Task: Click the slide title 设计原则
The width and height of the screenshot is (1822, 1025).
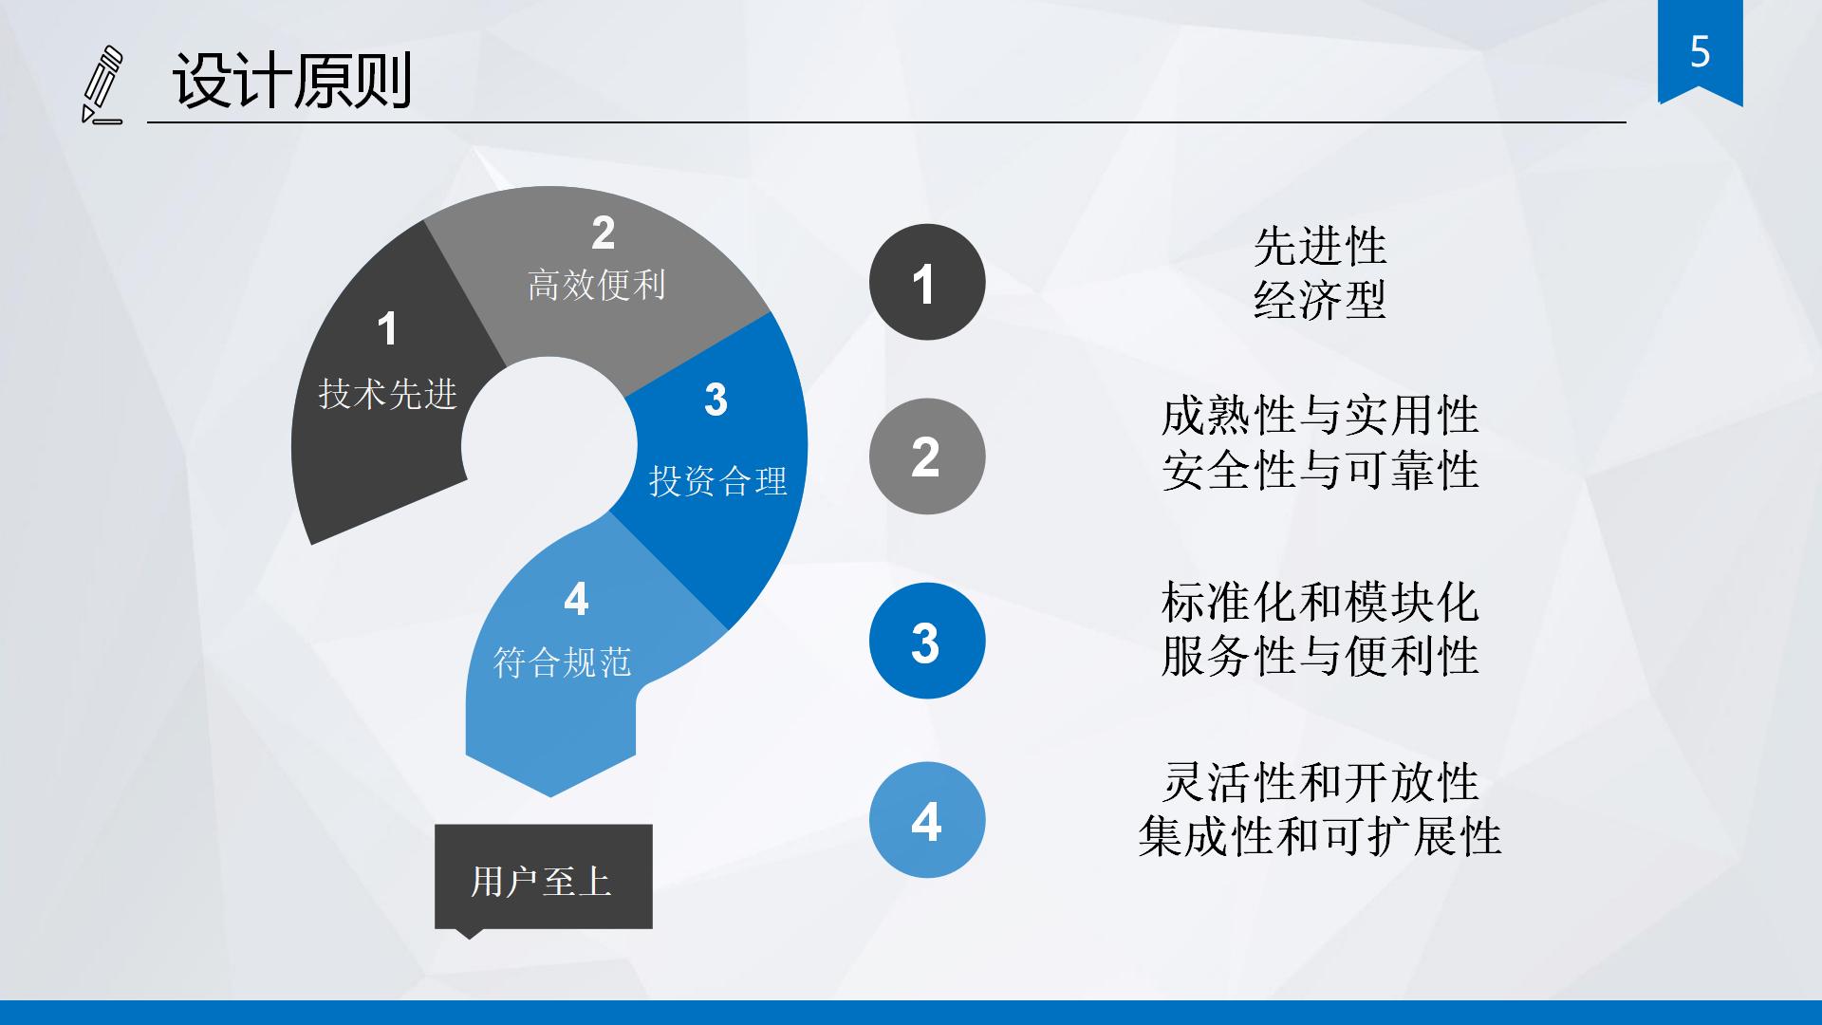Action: [x=292, y=81]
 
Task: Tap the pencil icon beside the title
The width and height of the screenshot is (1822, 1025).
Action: [x=102, y=85]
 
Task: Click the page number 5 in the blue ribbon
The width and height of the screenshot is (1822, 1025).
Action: [x=1700, y=51]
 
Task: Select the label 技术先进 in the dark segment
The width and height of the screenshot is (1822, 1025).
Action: [x=387, y=394]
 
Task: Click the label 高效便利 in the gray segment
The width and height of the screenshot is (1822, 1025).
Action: [x=596, y=285]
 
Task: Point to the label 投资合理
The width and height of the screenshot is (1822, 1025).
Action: [x=718, y=481]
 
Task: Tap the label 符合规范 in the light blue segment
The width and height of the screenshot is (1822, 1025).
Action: [x=562, y=662]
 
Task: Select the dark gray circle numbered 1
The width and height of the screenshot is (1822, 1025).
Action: [x=927, y=282]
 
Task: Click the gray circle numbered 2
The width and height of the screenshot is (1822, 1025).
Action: [x=927, y=457]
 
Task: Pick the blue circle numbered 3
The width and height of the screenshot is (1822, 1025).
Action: [x=927, y=641]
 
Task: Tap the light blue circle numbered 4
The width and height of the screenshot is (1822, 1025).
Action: [x=927, y=820]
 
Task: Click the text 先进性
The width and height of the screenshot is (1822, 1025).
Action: [x=1320, y=247]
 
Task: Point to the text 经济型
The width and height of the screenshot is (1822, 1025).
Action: [x=1320, y=300]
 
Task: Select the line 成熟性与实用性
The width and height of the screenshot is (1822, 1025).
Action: [x=1320, y=416]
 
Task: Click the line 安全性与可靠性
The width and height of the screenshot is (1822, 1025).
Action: [x=1320, y=470]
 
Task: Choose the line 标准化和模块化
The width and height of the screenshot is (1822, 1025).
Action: [x=1320, y=602]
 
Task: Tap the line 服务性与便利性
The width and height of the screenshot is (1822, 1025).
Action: [x=1320, y=656]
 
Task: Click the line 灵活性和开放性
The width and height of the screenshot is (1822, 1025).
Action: [x=1320, y=782]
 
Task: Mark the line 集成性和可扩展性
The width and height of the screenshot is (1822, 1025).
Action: [x=1320, y=836]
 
